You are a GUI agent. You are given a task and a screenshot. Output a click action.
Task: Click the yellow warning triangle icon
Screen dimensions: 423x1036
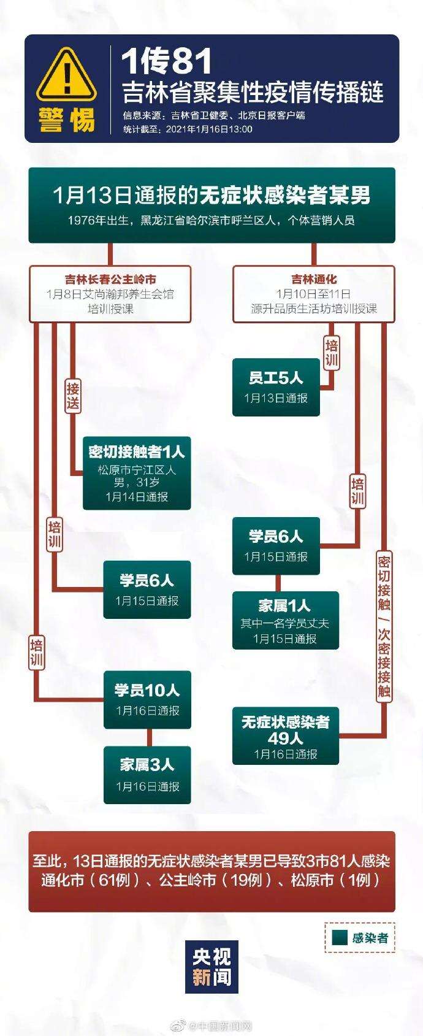66,76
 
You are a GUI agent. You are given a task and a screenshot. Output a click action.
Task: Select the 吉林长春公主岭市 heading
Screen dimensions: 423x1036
110,279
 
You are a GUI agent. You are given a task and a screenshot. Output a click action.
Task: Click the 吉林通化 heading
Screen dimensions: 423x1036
314,279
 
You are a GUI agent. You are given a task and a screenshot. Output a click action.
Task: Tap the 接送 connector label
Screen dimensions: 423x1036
72,396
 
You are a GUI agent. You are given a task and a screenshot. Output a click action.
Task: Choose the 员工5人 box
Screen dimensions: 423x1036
276,387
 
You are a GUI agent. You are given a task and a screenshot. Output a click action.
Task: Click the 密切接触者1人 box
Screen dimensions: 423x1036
137,473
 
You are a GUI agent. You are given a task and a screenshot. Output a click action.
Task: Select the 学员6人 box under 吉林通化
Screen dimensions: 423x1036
276,546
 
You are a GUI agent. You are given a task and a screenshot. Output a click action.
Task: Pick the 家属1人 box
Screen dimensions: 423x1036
285,620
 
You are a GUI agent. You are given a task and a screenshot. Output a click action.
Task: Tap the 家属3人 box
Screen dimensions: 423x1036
147,775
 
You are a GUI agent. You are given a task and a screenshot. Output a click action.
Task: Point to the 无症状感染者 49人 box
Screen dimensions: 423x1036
285,736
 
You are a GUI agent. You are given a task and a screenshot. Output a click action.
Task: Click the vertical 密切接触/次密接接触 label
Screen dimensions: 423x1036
384,626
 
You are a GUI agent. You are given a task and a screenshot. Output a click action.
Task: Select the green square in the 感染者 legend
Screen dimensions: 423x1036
340,937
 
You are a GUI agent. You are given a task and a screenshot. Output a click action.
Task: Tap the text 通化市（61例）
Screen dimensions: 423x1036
91,879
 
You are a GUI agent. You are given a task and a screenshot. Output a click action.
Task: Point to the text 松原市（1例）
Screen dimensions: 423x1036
337,879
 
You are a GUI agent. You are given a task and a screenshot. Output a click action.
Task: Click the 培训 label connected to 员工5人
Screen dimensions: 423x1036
332,353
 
